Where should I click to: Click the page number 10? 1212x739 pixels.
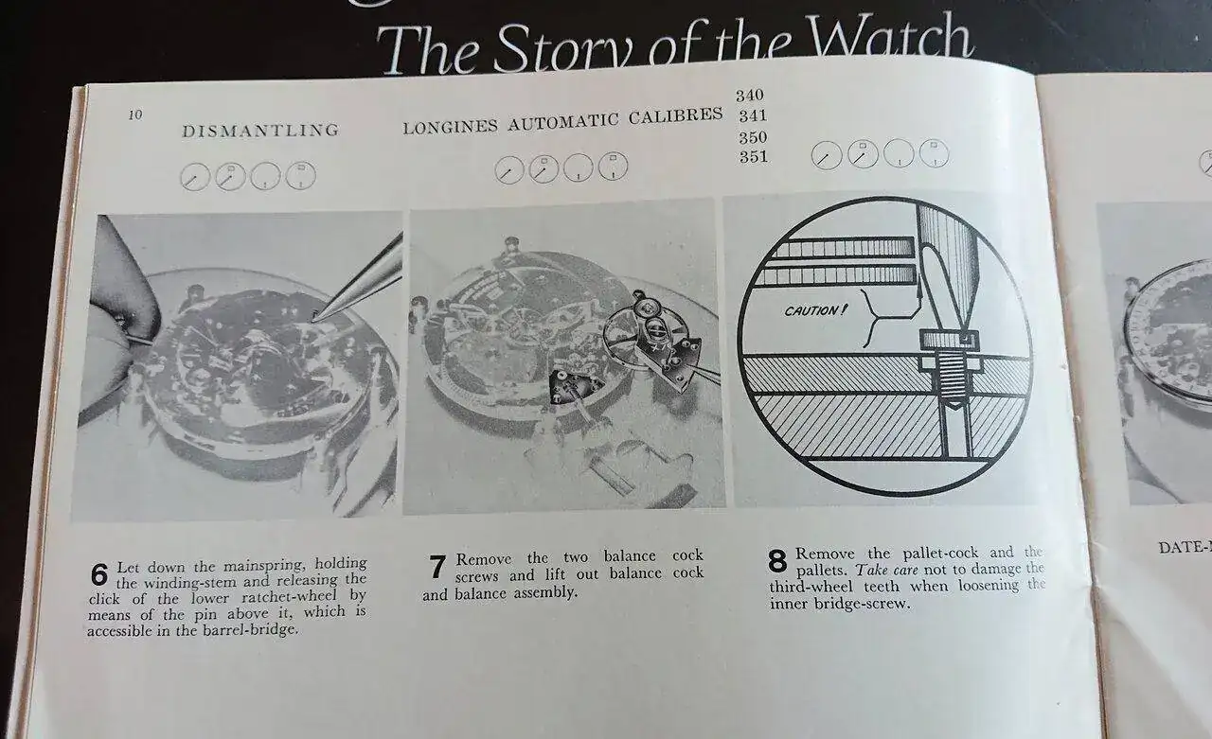point(135,114)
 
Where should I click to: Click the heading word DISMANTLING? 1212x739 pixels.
point(260,131)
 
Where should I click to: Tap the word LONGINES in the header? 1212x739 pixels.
point(450,127)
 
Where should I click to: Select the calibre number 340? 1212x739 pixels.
point(749,96)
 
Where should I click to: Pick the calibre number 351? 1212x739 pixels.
point(753,157)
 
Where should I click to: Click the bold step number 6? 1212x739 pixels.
point(99,574)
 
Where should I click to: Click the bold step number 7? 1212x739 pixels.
point(437,567)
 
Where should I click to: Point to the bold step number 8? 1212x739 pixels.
point(777,561)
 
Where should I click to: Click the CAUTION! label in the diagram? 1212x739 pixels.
point(813,310)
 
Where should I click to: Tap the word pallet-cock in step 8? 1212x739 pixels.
point(940,554)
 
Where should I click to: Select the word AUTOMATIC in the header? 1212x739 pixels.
point(562,121)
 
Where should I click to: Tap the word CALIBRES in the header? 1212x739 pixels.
point(676,115)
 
